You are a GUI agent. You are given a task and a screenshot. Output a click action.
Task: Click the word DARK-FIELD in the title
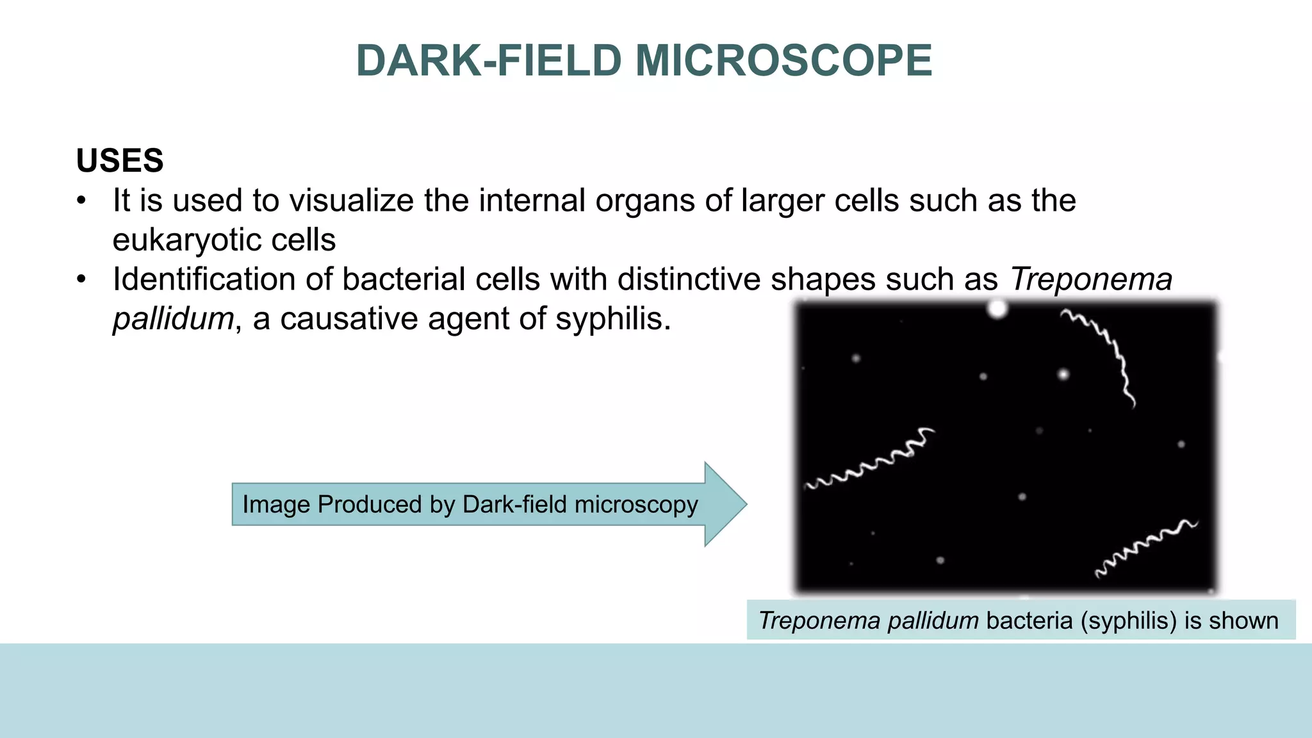point(489,61)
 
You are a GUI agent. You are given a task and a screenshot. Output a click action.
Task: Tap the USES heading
point(120,160)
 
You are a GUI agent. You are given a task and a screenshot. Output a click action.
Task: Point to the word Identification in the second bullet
point(222,280)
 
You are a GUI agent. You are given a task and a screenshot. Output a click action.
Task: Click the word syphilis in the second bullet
point(612,318)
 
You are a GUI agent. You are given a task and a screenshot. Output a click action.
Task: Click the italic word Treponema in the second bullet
point(1091,280)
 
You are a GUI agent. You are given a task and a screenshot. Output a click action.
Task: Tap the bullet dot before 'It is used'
point(81,201)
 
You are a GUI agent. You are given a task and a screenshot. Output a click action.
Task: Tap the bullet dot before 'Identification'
point(81,280)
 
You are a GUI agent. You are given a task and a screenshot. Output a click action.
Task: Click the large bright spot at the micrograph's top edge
point(997,309)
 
